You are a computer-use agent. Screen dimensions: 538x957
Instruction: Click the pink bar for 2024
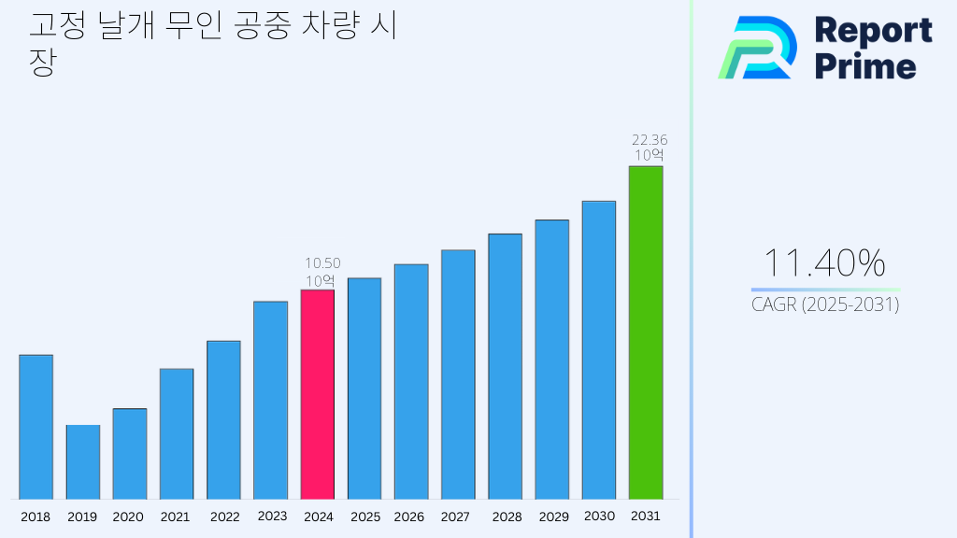[317, 394]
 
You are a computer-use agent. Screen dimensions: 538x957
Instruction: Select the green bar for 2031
[645, 333]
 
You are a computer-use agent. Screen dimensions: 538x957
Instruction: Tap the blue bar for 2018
[36, 427]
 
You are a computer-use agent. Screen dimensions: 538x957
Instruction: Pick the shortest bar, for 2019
[82, 462]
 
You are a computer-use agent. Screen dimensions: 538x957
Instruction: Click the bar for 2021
[177, 433]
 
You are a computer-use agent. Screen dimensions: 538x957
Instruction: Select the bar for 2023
[270, 400]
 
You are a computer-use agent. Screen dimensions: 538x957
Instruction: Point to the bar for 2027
[458, 374]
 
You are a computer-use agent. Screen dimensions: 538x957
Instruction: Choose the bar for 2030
[598, 349]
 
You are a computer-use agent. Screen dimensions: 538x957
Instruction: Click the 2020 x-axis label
[128, 517]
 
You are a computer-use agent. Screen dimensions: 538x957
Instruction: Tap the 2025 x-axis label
[365, 517]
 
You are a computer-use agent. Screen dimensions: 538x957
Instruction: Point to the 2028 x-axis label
[507, 517]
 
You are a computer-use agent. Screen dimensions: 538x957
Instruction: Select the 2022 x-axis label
[224, 517]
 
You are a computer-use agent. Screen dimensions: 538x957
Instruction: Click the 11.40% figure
[824, 264]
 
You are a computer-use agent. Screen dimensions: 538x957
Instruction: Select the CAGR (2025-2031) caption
[825, 305]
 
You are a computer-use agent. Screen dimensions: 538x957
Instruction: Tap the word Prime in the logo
[865, 66]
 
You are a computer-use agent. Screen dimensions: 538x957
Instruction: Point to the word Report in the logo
[873, 31]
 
